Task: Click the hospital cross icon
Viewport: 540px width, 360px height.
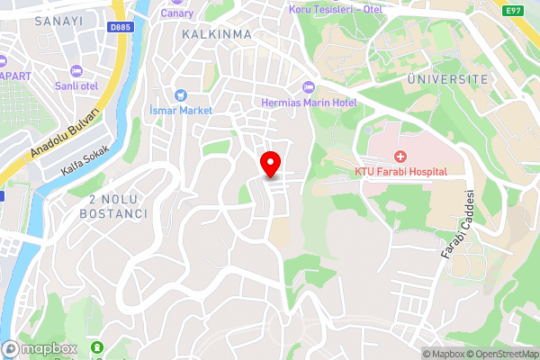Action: click(x=400, y=156)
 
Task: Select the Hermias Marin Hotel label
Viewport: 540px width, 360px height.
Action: click(x=309, y=102)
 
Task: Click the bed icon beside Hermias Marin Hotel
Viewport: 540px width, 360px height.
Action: click(x=310, y=86)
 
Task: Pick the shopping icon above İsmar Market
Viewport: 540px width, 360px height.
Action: click(x=180, y=94)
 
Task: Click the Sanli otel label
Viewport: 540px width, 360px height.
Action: click(x=76, y=86)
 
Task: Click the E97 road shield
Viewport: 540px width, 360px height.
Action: click(x=514, y=11)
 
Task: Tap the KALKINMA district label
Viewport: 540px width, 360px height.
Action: click(x=216, y=33)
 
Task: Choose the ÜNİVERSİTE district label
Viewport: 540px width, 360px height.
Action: click(x=447, y=79)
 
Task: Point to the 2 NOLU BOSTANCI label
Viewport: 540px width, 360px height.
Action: click(x=113, y=206)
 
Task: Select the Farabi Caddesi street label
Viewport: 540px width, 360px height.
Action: click(x=457, y=225)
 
